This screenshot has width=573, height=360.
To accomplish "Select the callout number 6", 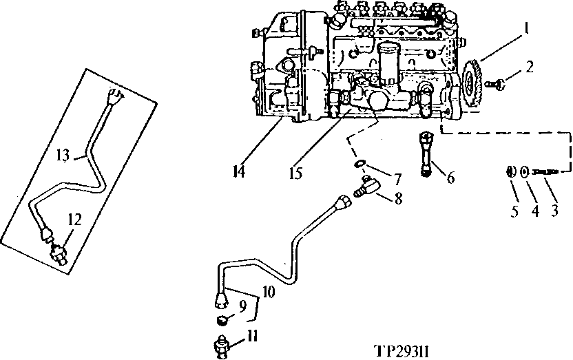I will coord(451,178).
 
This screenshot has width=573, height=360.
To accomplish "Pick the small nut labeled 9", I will coord(224,320).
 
